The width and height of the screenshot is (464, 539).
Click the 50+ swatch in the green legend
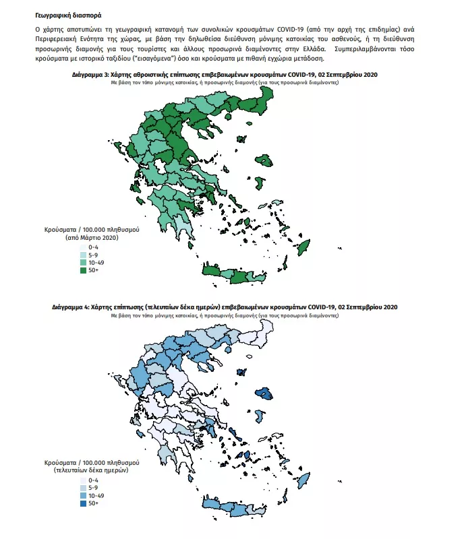click(83, 270)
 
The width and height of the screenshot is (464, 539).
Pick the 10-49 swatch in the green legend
click(83, 263)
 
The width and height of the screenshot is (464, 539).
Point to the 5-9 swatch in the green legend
click(83, 255)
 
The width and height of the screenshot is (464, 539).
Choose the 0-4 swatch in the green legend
click(83, 248)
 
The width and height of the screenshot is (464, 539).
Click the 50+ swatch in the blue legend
click(83, 503)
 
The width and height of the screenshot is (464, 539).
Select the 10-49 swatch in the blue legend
click(83, 496)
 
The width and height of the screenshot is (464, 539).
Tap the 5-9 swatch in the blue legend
click(83, 488)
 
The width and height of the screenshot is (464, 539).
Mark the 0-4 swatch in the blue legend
click(83, 480)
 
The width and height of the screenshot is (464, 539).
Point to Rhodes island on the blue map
click(303, 479)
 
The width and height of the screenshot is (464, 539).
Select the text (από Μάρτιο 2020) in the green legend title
click(91, 238)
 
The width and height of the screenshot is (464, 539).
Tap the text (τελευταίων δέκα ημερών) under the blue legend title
click(91, 471)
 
